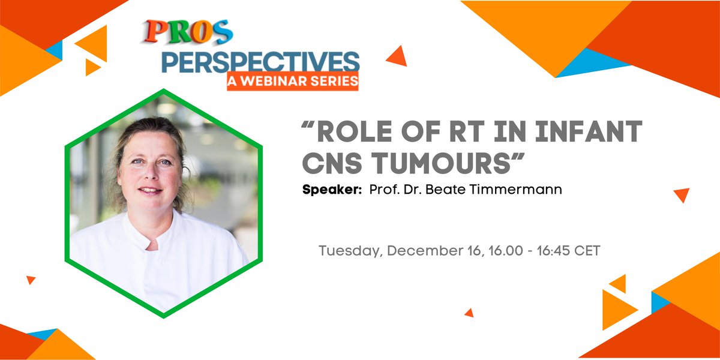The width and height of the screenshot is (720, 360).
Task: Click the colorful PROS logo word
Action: pyautogui.click(x=188, y=32)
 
